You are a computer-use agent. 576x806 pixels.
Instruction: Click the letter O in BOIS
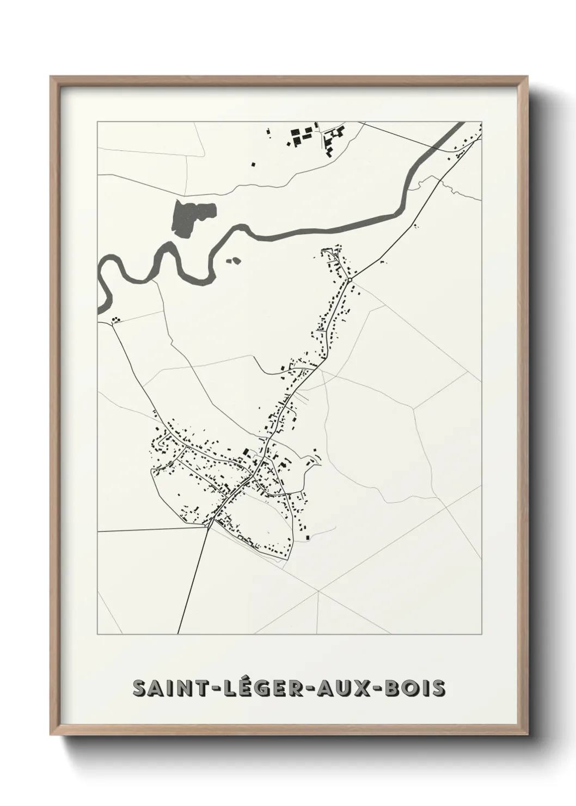pos(409,688)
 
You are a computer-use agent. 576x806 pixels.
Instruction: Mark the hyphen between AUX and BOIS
pos(377,688)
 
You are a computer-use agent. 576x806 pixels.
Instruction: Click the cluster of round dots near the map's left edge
pos(115,320)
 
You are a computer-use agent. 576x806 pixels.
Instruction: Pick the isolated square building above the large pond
pos(252,163)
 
